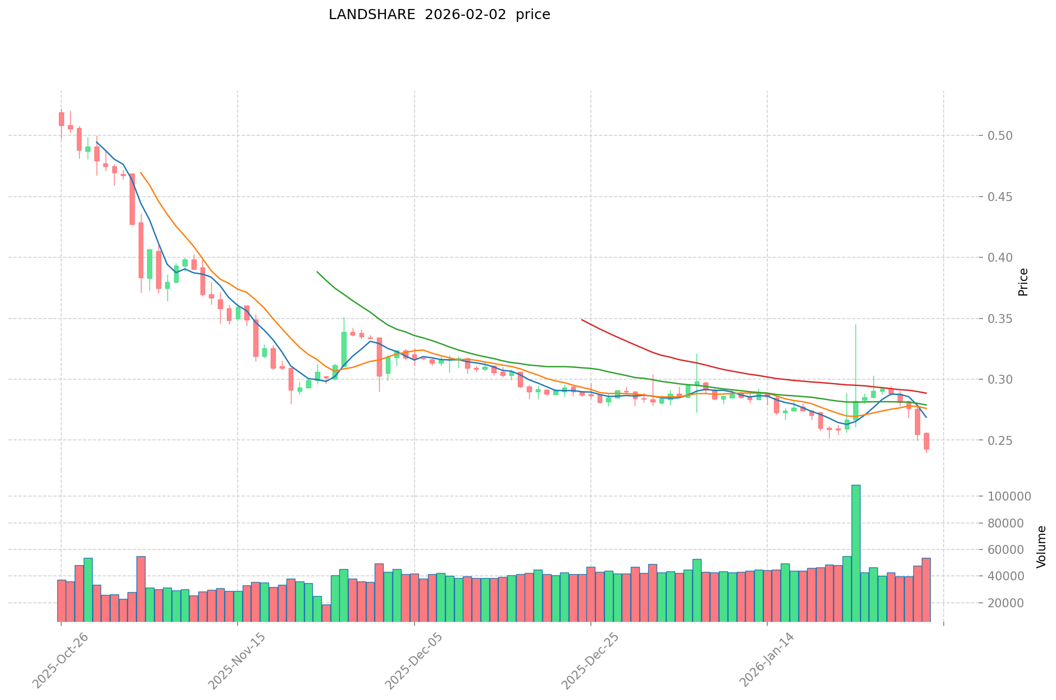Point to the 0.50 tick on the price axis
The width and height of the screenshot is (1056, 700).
(x=1001, y=136)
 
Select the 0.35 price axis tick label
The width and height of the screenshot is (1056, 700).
(x=1001, y=319)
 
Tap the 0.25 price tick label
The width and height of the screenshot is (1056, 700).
(x=1001, y=441)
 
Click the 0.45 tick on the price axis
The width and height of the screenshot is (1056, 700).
(x=1001, y=197)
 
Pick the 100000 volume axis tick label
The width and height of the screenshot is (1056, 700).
(x=1009, y=497)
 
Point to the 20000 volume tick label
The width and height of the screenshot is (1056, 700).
(x=1005, y=603)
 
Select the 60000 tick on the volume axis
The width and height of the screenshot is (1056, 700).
(x=1005, y=550)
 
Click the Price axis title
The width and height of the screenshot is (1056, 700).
(x=1023, y=282)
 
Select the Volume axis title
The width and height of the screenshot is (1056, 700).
(x=1041, y=547)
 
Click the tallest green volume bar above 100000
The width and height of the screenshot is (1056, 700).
(x=855, y=553)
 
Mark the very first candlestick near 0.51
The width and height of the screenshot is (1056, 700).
(x=61, y=119)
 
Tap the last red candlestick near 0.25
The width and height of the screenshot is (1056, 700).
(x=926, y=441)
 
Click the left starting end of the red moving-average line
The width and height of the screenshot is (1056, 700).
(x=582, y=320)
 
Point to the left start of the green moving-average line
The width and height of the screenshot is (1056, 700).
(x=317, y=272)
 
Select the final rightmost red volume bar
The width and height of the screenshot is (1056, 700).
(x=926, y=590)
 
